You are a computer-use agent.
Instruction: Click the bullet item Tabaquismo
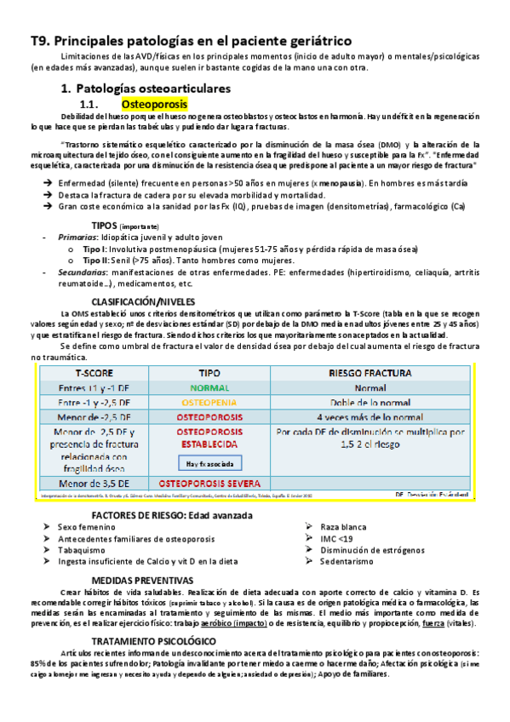point(82,550)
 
